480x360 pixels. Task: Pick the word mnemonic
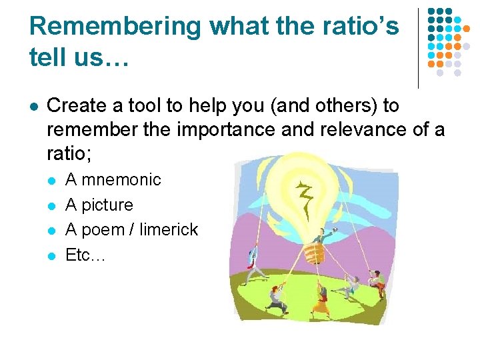pos(121,179)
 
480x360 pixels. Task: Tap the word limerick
pos(169,229)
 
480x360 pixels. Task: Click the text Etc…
pos(85,255)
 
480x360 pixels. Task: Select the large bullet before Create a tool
pos(33,106)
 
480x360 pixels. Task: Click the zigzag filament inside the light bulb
pos(307,196)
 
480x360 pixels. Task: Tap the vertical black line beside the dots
pos(418,48)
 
